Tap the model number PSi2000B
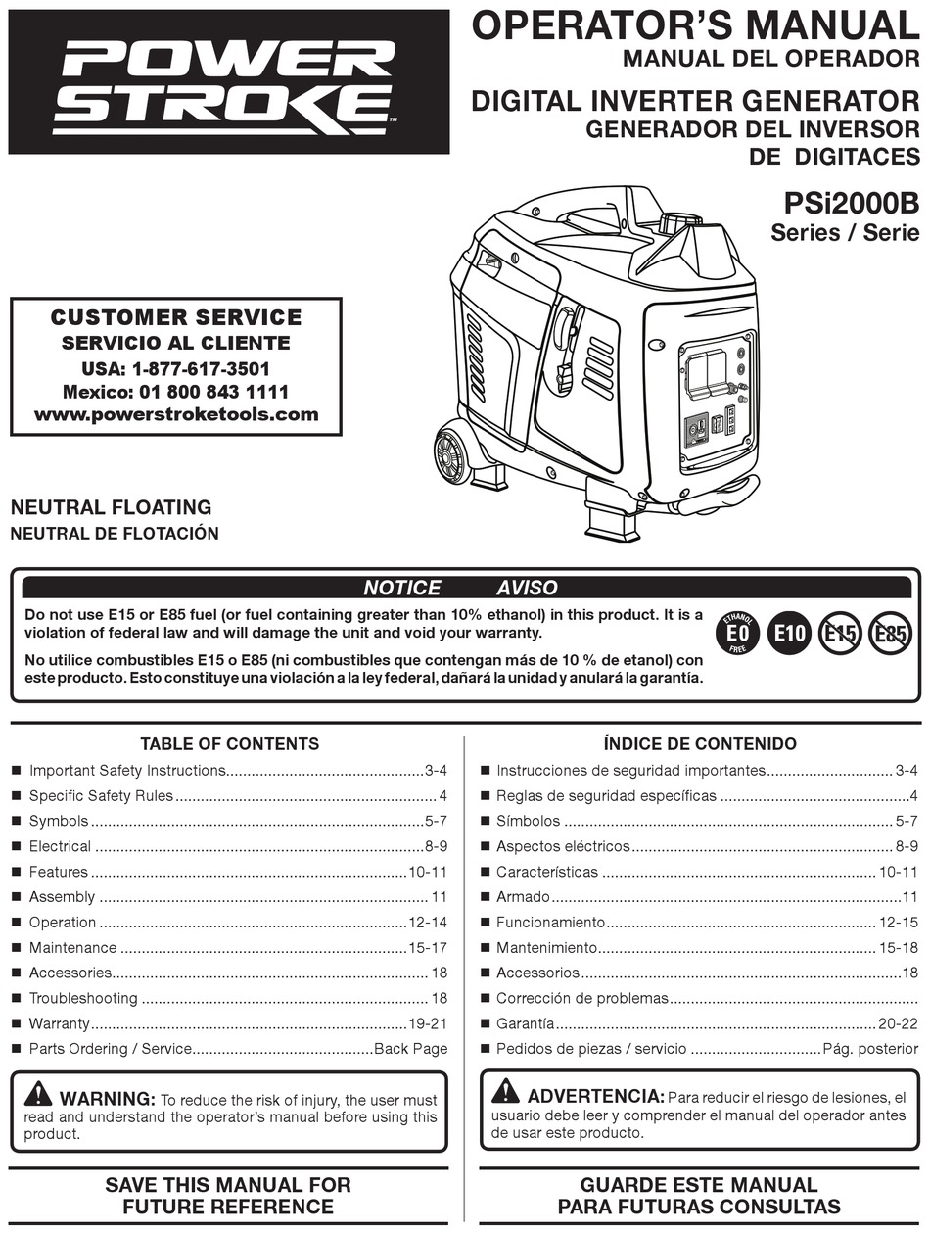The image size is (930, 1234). pyautogui.click(x=852, y=203)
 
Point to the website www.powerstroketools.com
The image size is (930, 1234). pyautogui.click(x=176, y=414)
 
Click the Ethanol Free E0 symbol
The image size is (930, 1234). pyautogui.click(x=739, y=634)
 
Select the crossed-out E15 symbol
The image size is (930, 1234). pyautogui.click(x=839, y=634)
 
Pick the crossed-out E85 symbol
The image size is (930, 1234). pyautogui.click(x=890, y=634)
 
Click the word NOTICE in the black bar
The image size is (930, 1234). pyautogui.click(x=401, y=588)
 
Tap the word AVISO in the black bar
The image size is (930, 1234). pyautogui.click(x=527, y=588)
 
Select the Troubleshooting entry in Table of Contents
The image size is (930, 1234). pyautogui.click(x=83, y=998)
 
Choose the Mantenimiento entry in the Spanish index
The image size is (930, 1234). pyautogui.click(x=546, y=947)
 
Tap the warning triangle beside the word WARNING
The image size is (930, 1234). pyautogui.click(x=39, y=1093)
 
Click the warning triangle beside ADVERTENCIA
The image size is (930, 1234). pyautogui.click(x=506, y=1090)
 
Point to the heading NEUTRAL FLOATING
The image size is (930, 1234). pyautogui.click(x=111, y=507)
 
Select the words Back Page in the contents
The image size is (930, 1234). pyautogui.click(x=411, y=1049)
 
